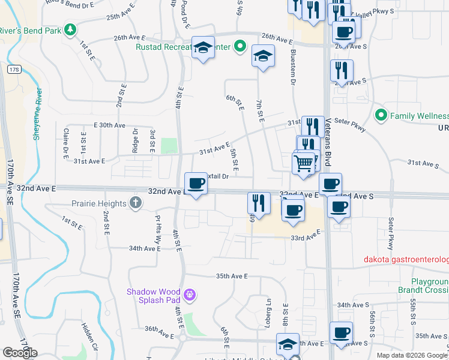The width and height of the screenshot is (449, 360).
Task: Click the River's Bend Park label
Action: (30, 30)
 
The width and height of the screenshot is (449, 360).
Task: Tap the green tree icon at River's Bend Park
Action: (71, 29)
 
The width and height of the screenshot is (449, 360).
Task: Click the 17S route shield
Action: (14, 70)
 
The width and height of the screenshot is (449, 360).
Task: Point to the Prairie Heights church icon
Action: (136, 203)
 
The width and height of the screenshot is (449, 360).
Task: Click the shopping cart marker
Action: (304, 163)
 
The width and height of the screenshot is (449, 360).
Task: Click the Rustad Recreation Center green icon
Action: (240, 46)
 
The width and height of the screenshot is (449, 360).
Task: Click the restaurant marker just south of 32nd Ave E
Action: (259, 203)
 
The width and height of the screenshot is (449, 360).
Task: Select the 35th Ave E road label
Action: (232, 276)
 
